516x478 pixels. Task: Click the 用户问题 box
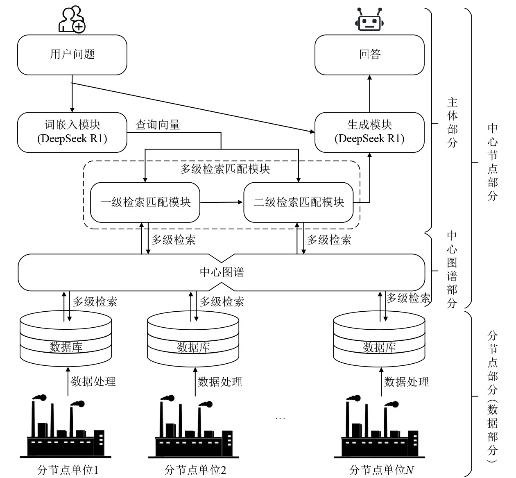[x=72, y=54]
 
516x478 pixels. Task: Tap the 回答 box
[x=369, y=54]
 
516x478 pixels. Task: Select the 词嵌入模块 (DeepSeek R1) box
[x=72, y=132]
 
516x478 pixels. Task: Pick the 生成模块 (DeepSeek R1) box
[x=369, y=132]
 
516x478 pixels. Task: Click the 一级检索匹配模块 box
[x=145, y=202]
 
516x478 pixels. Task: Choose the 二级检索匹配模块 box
[x=299, y=202]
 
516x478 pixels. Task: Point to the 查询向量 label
[x=158, y=125]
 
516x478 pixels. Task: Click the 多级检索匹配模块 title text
[x=225, y=169]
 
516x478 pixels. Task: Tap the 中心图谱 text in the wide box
[x=222, y=272]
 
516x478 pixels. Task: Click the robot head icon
[x=370, y=20]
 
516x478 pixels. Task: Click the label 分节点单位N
[x=381, y=469]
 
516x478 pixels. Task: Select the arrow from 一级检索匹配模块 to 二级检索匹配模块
[x=222, y=202]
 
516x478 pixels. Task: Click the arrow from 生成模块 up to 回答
[x=370, y=94]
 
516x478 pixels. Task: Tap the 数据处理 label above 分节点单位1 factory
[x=93, y=381]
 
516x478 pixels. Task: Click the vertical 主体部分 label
[x=452, y=122]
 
